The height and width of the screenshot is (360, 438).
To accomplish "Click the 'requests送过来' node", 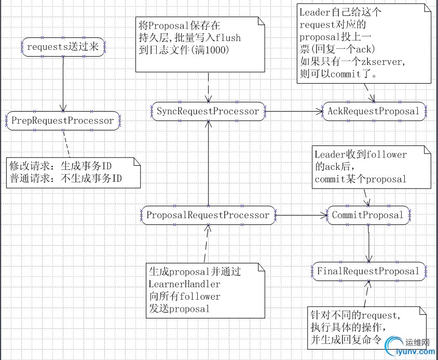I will (x=63, y=47).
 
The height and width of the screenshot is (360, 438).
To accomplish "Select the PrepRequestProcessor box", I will (x=63, y=121).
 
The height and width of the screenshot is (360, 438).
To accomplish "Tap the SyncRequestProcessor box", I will (x=208, y=111).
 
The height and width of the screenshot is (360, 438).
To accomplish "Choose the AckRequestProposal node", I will (x=373, y=111).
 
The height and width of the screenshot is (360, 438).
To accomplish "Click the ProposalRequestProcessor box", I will (x=208, y=215).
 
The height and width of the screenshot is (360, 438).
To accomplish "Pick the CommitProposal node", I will (x=368, y=215).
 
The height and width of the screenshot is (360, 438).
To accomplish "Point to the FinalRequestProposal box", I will (x=368, y=271).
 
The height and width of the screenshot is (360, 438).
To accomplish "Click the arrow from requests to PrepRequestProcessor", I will (x=63, y=83).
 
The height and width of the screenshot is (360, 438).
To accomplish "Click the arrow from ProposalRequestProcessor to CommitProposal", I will (x=301, y=215).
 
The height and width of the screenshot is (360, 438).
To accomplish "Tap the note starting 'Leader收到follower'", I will (x=371, y=167).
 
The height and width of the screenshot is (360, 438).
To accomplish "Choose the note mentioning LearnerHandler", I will (x=206, y=290).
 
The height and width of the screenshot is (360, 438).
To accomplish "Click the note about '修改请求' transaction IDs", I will (x=73, y=172).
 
